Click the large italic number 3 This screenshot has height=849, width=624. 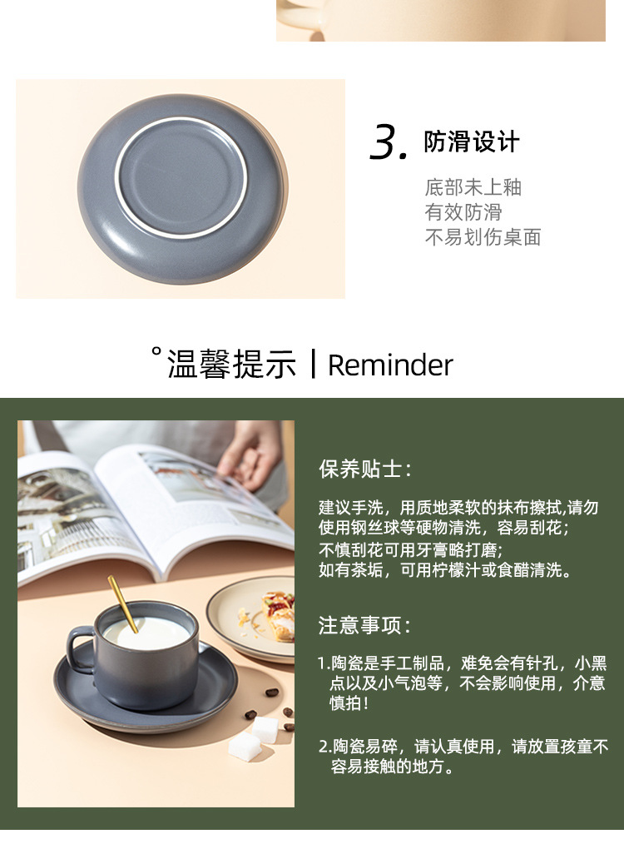[389, 143]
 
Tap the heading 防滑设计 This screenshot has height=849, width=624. [472, 141]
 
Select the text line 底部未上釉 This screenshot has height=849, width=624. [473, 187]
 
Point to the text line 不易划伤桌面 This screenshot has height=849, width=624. [483, 237]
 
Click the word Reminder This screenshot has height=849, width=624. [390, 365]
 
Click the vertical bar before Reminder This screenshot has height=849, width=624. [313, 365]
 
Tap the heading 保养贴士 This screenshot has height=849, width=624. [364, 469]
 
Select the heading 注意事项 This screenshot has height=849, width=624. [364, 624]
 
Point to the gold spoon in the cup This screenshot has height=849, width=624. [122, 603]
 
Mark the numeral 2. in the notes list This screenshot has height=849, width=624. [324, 747]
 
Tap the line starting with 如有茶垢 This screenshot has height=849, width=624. [445, 570]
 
